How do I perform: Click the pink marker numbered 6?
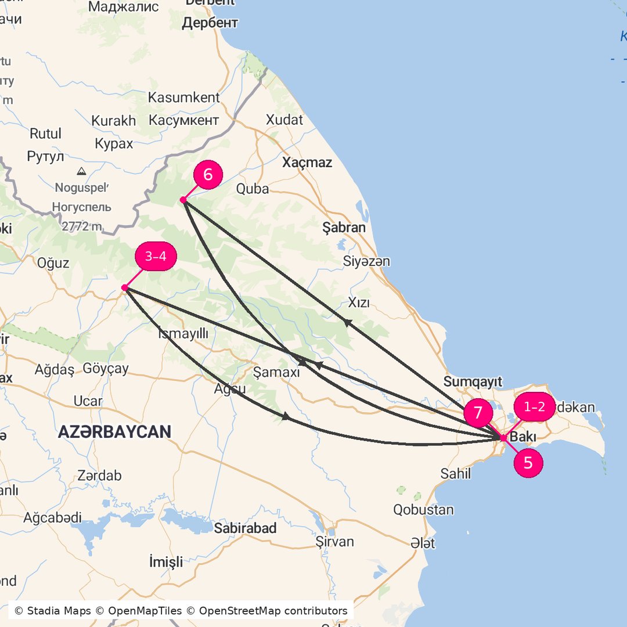click(208, 175)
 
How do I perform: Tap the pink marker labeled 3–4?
click(156, 257)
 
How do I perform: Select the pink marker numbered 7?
click(478, 413)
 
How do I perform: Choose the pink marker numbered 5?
click(528, 463)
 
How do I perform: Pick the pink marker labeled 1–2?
click(535, 407)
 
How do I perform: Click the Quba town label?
click(253, 189)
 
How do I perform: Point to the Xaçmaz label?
click(307, 163)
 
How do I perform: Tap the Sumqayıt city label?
click(473, 381)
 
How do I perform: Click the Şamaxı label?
click(277, 372)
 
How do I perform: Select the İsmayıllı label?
click(183, 333)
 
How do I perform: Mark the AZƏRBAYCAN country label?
click(114, 431)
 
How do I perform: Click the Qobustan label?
click(423, 510)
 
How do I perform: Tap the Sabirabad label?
click(245, 528)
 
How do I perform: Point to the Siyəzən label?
click(366, 261)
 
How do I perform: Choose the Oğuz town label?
click(53, 263)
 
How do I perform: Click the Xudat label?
click(284, 120)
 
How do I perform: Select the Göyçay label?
click(106, 369)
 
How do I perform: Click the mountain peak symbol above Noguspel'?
click(81, 171)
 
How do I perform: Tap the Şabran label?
click(344, 228)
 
